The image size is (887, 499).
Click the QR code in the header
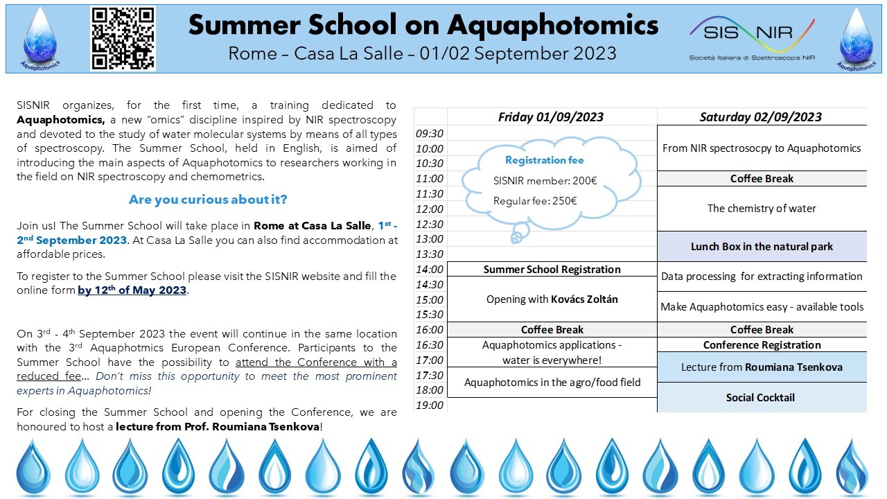click(x=123, y=38)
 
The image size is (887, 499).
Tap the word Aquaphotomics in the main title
click(x=552, y=25)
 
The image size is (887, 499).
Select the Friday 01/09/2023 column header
click(x=551, y=116)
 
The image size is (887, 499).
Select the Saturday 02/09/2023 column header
click(x=761, y=116)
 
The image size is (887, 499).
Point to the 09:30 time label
click(x=430, y=133)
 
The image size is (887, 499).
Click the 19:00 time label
click(x=430, y=405)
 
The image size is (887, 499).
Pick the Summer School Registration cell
click(x=552, y=269)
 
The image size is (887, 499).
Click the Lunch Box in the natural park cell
click(x=762, y=246)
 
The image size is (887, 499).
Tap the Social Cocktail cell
click(x=760, y=397)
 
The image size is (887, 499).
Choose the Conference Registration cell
click(x=762, y=344)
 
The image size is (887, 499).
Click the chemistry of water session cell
click(x=762, y=208)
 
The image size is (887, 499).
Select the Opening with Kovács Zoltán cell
click(x=552, y=299)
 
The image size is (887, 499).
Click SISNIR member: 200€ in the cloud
click(x=545, y=181)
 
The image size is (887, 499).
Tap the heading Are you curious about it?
click(x=207, y=200)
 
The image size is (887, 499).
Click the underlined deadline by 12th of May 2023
click(x=132, y=290)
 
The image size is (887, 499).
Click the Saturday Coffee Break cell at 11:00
click(x=762, y=178)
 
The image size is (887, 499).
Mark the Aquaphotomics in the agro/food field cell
click(x=552, y=382)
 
